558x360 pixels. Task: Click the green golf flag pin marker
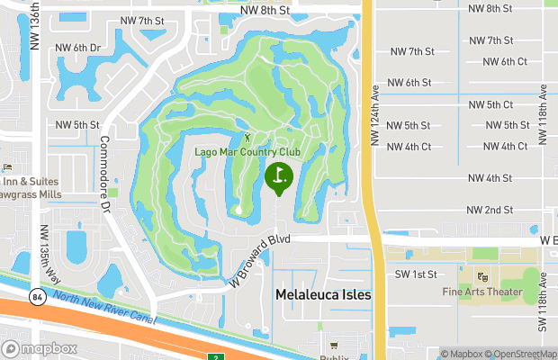pyautogui.click(x=279, y=176)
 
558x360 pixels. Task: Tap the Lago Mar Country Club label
pyautogui.click(x=247, y=151)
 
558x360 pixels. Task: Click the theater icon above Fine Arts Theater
pyautogui.click(x=481, y=276)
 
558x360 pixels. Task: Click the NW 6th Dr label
pyautogui.click(x=78, y=47)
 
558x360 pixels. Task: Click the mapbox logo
pyautogui.click(x=37, y=348)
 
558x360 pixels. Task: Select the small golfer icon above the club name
pyautogui.click(x=247, y=138)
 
